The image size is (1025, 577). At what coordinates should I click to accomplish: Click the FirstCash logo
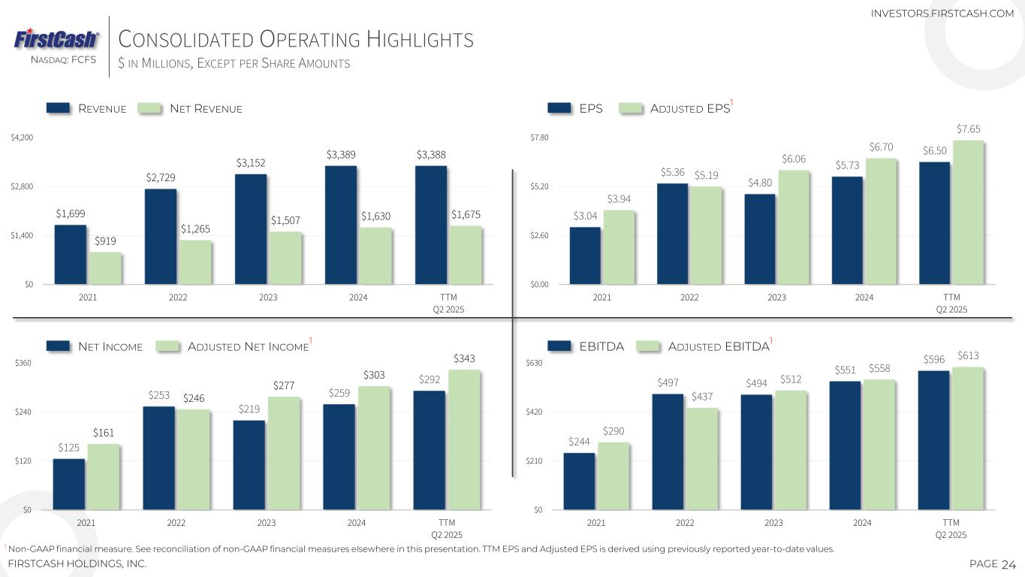click(56, 38)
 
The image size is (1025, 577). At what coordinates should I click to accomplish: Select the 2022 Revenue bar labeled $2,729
click(161, 236)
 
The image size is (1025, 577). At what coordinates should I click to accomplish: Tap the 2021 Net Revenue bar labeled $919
click(105, 268)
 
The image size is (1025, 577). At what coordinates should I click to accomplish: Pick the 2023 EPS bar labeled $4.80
click(760, 239)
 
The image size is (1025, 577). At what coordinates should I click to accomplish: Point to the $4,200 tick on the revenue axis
click(21, 137)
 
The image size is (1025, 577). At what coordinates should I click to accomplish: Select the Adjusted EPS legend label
click(690, 109)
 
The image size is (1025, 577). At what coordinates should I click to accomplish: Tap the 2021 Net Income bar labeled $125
click(69, 484)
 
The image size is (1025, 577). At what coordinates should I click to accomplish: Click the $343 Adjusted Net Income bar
click(464, 440)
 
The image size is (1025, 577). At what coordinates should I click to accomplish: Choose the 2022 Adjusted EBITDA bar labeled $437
click(702, 458)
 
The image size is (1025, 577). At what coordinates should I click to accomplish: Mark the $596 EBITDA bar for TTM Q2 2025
click(933, 440)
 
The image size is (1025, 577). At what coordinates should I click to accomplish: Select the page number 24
click(1008, 564)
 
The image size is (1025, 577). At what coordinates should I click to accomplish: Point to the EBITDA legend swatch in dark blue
click(559, 346)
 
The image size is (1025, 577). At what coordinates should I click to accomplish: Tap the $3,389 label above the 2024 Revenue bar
click(341, 155)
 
